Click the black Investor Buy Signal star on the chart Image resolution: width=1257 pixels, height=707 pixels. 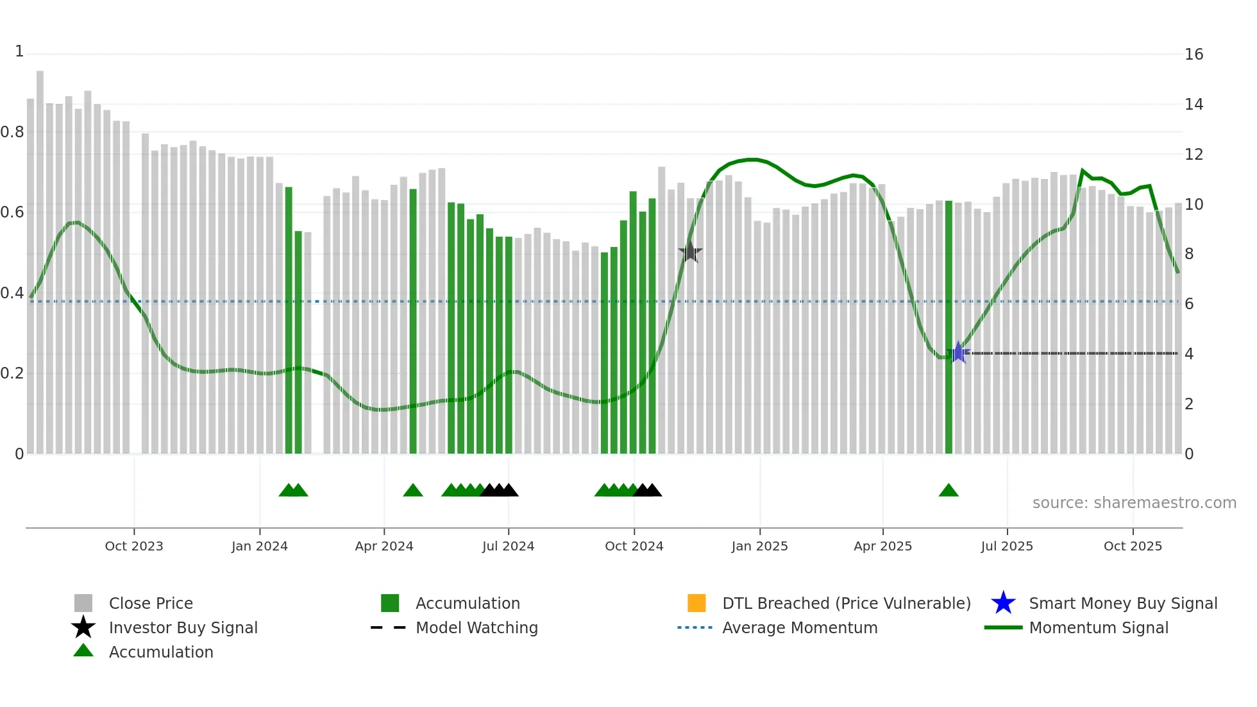point(690,252)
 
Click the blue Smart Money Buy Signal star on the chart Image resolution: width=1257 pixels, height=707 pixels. point(958,352)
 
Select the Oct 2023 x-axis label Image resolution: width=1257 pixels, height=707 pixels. point(134,546)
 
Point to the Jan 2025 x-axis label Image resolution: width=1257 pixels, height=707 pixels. point(759,546)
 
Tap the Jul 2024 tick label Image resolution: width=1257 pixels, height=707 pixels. point(508,546)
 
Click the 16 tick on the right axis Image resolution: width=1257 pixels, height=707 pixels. point(1194,55)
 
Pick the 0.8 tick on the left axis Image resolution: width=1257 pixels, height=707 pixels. point(13,132)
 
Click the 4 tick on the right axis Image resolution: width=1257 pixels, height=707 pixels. point(1189,354)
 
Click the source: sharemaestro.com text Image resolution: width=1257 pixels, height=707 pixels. point(1134,503)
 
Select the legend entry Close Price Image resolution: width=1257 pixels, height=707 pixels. point(151,603)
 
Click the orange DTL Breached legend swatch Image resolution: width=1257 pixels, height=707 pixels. point(696,603)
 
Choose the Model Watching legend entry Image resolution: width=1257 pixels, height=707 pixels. point(476,627)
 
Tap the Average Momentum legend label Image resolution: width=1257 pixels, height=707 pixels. point(799,627)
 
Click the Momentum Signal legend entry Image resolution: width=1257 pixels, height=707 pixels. point(1098,627)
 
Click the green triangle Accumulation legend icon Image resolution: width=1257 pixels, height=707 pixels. point(83,651)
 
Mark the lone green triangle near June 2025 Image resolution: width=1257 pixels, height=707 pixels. point(949,491)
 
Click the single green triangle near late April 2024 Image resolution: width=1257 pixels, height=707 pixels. point(413,491)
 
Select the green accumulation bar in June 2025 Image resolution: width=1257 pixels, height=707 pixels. point(949,327)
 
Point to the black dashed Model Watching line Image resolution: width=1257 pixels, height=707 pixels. point(1071,353)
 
